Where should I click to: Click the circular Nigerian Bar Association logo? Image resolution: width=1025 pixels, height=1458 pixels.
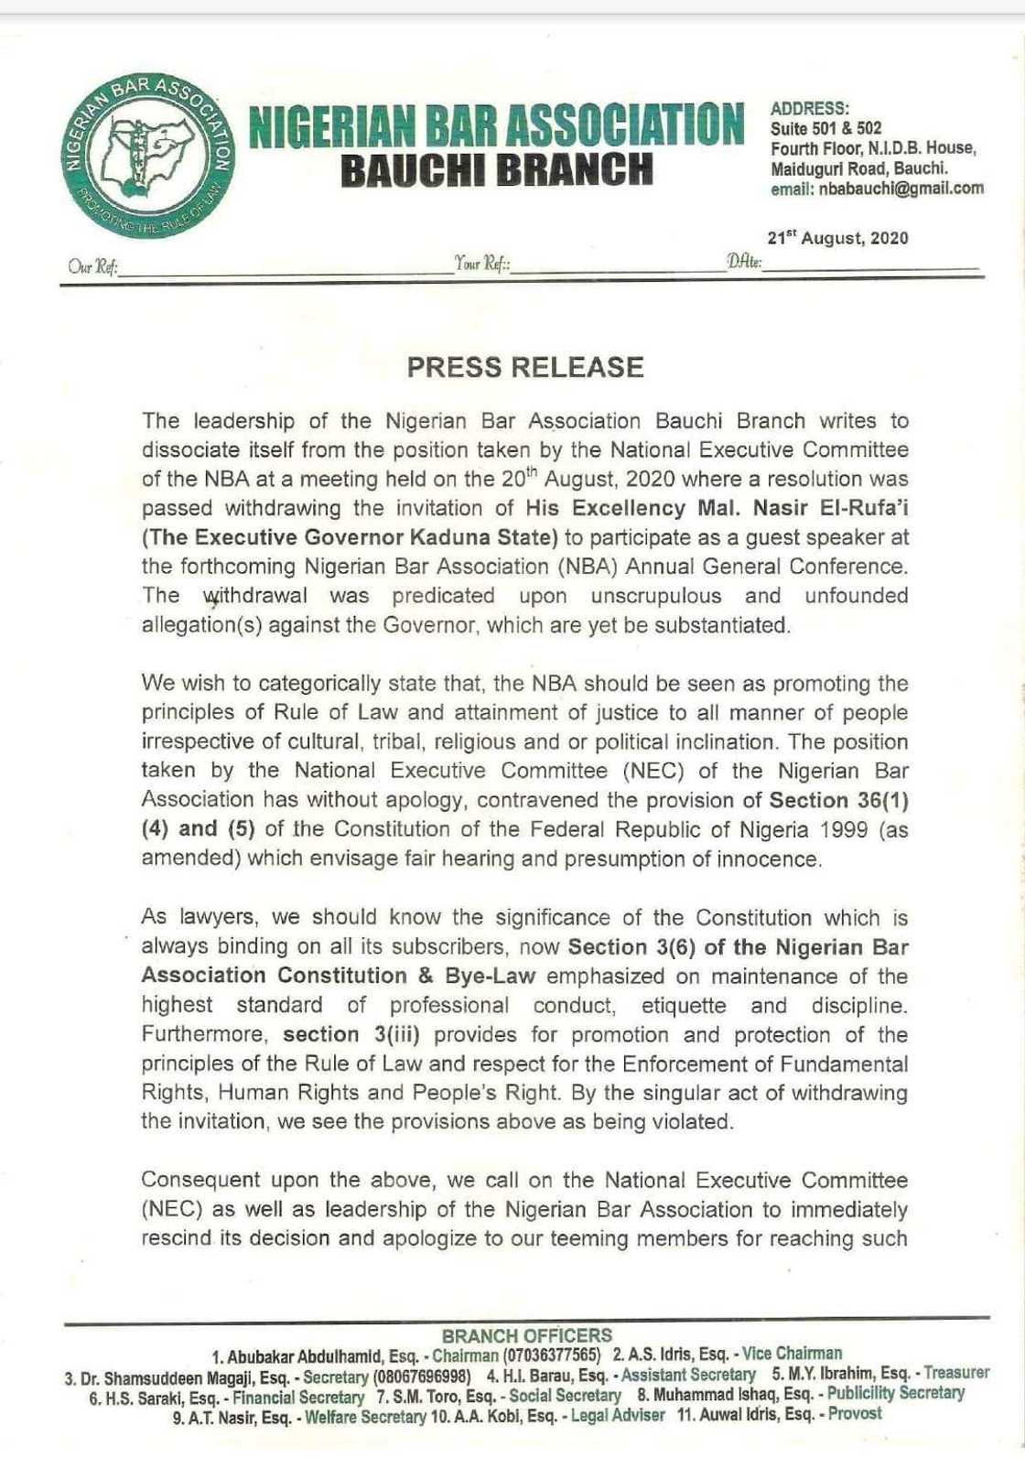pos(147,155)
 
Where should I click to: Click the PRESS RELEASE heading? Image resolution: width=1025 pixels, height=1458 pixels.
pos(524,367)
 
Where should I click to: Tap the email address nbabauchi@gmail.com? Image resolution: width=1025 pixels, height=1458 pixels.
pos(878,189)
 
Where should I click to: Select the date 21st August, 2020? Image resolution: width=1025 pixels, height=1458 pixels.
pos(837,238)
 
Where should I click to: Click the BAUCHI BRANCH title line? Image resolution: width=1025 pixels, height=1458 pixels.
pos(497,171)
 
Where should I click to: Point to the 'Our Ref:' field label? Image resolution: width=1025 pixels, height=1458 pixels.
pos(92,267)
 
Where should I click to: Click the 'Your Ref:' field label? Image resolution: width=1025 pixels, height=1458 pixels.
pos(482,265)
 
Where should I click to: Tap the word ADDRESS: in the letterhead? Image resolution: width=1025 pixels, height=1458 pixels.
pos(809,108)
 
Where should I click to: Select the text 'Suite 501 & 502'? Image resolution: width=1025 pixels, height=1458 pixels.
pos(825,128)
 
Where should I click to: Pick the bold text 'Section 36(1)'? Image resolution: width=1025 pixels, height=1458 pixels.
pos(838,800)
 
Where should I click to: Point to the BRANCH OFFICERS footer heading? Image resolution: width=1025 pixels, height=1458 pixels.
pos(526,1335)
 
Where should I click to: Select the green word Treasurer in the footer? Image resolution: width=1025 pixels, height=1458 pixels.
pos(956,1373)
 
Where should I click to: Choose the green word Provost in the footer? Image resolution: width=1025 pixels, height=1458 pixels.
pos(855,1414)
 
